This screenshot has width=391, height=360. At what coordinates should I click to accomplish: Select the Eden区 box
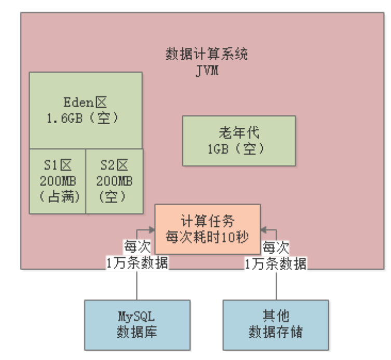pyautogui.click(x=86, y=110)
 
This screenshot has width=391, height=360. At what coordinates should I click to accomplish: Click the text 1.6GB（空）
pyautogui.click(x=83, y=118)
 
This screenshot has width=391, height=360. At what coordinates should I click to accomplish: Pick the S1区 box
pyautogui.click(x=57, y=181)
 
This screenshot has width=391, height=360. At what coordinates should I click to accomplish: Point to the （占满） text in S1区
pyautogui.click(x=57, y=197)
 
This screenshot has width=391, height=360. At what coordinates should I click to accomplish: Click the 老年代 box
pyautogui.click(x=239, y=140)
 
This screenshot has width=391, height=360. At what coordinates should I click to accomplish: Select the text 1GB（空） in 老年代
pyautogui.click(x=239, y=149)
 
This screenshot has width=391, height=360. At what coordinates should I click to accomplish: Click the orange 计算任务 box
pyautogui.click(x=207, y=229)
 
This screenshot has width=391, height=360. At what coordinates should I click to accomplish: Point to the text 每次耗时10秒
pyautogui.click(x=207, y=236)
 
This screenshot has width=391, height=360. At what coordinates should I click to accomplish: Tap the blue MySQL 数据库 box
pyautogui.click(x=137, y=323)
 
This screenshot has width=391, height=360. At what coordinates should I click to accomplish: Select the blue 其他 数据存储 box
pyautogui.click(x=276, y=323)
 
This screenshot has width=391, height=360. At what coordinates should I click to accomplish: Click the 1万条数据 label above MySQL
pyautogui.click(x=137, y=263)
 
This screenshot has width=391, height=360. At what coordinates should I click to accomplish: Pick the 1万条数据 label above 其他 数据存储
pyautogui.click(x=276, y=263)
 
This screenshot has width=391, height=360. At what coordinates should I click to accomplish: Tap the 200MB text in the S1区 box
pyautogui.click(x=57, y=181)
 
